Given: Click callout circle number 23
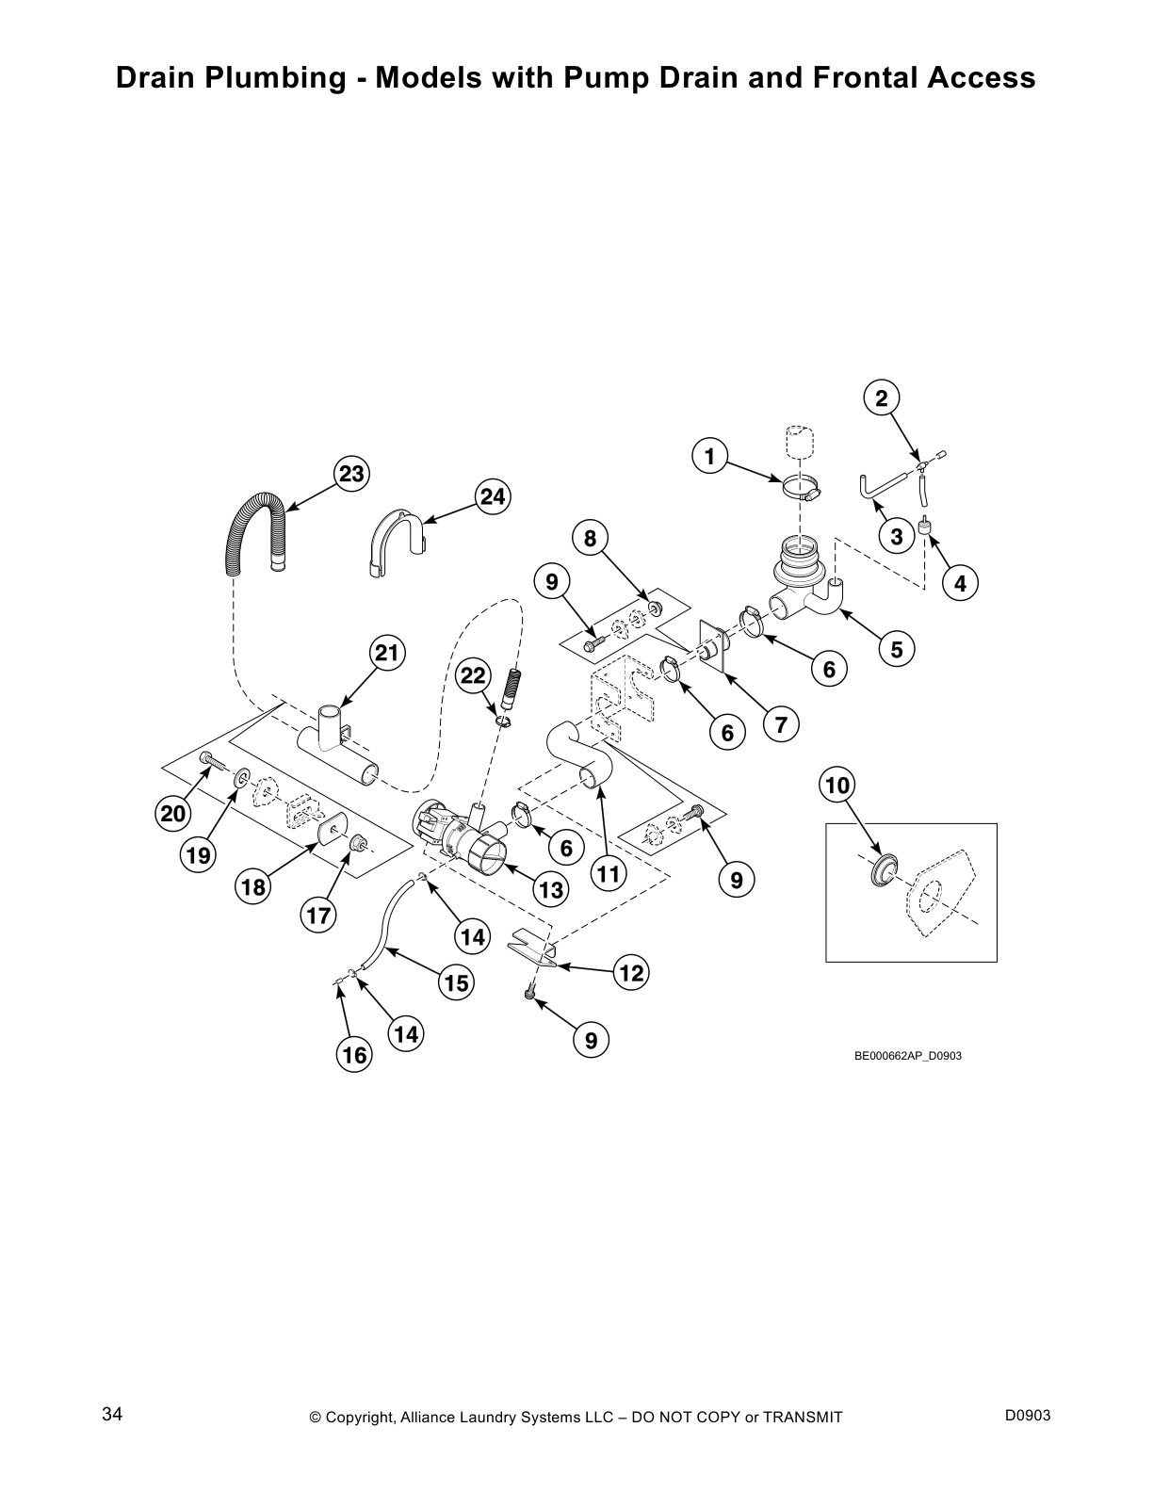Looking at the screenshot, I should (x=351, y=474).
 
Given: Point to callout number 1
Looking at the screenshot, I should (x=709, y=457).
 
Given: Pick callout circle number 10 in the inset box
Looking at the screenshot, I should (x=837, y=785).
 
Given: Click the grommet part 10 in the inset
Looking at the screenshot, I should (x=883, y=869).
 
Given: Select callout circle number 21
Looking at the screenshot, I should (x=387, y=653).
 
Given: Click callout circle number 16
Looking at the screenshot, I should (x=354, y=1055).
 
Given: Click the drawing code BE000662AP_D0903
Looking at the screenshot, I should (x=907, y=1056).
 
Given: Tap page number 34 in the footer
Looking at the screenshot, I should (x=112, y=1414).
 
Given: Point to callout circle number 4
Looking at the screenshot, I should (x=959, y=583).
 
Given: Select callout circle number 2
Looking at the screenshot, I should (x=881, y=398).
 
